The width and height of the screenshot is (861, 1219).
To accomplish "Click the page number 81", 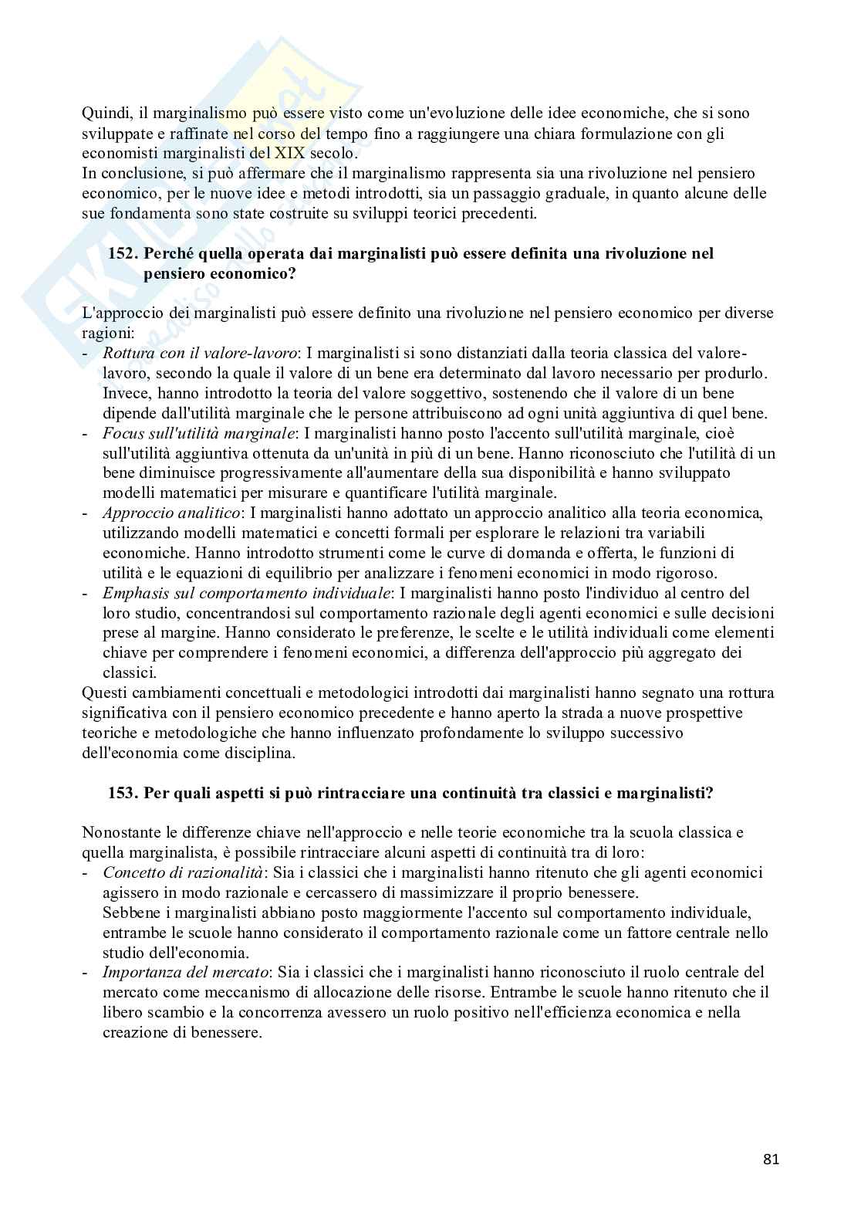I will (x=772, y=1160).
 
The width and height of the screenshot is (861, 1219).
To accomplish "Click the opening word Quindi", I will (x=104, y=113).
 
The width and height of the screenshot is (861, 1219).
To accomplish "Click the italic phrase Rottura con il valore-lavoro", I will (x=200, y=353).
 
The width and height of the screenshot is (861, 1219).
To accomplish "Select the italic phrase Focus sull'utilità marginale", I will (x=198, y=433).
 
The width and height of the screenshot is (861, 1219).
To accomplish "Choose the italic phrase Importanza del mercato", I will (x=185, y=972).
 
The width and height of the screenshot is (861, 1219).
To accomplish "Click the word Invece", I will (x=126, y=393).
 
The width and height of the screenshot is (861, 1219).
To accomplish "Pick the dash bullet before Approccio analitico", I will (x=85, y=513).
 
